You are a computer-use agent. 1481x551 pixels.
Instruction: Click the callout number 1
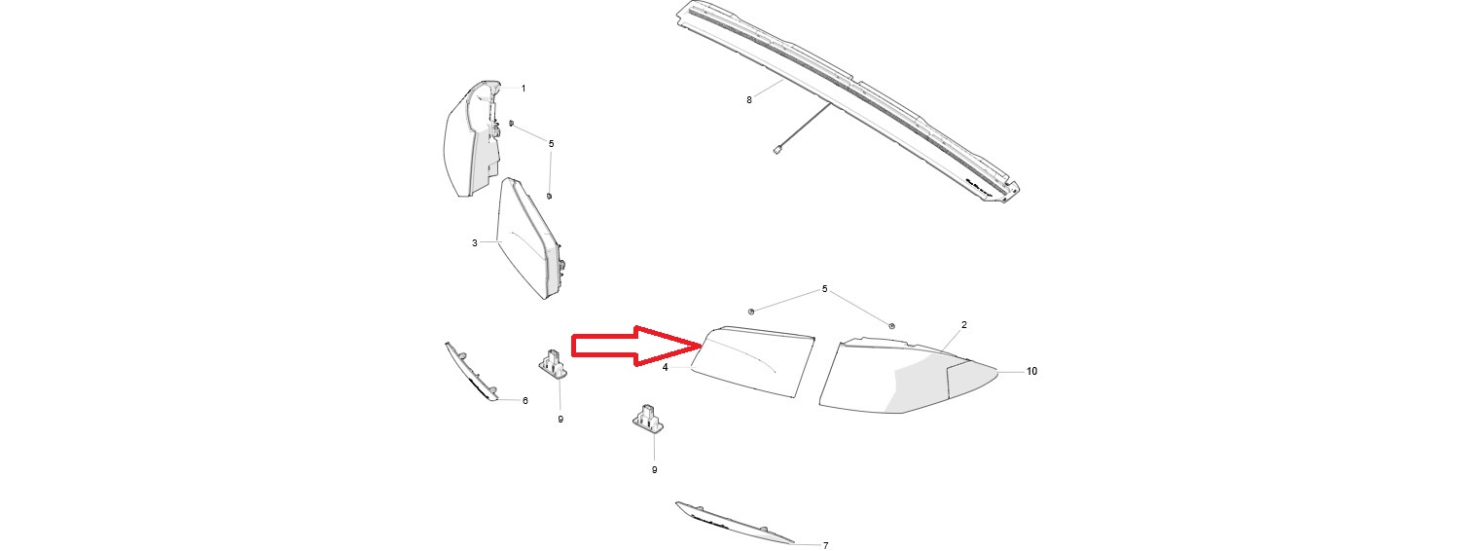[x=524, y=89]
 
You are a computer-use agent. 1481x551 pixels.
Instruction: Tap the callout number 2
[x=964, y=325]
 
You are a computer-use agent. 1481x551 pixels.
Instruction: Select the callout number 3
[x=475, y=243]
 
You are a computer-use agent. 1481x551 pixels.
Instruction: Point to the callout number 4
[x=666, y=367]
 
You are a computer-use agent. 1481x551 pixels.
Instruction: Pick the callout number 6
[x=524, y=401]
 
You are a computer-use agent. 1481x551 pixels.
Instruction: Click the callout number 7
[x=826, y=546]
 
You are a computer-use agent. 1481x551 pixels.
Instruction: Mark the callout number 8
[x=749, y=100]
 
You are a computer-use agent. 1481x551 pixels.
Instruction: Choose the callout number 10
[x=1031, y=372]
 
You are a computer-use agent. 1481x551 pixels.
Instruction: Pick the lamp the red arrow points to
[x=752, y=361]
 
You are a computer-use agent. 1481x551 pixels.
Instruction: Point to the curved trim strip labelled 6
[x=471, y=372]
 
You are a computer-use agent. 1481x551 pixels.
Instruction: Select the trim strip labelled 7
[x=734, y=523]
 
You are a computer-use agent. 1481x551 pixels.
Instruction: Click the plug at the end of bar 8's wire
[x=777, y=150]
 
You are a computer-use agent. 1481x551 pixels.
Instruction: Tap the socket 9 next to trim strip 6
[x=554, y=364]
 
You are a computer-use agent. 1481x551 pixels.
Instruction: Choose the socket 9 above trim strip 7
[x=648, y=419]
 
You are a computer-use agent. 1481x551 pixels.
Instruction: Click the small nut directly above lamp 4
[x=751, y=311]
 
